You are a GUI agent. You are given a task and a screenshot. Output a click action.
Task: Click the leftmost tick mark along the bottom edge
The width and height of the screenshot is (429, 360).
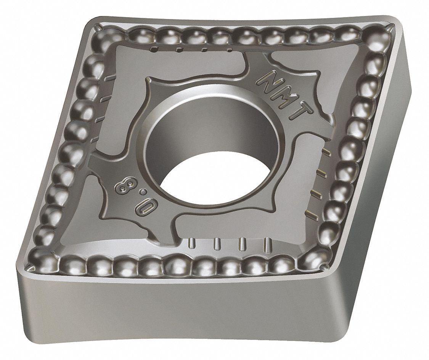coord(191,243)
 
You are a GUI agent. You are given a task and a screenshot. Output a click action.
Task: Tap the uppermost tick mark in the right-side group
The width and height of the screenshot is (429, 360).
coord(326,152)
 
